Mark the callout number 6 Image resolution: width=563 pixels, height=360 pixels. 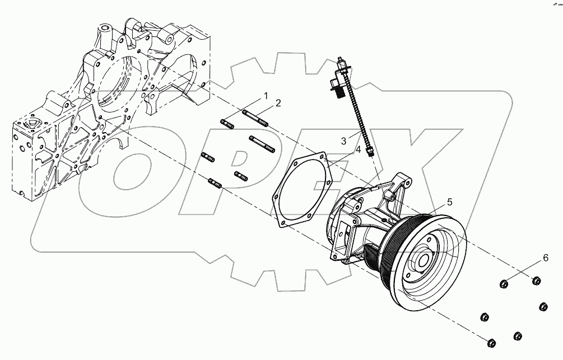click(x=544, y=258)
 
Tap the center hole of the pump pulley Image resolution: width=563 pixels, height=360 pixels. click(x=423, y=260)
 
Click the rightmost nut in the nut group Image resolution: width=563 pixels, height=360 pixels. click(x=543, y=307)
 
